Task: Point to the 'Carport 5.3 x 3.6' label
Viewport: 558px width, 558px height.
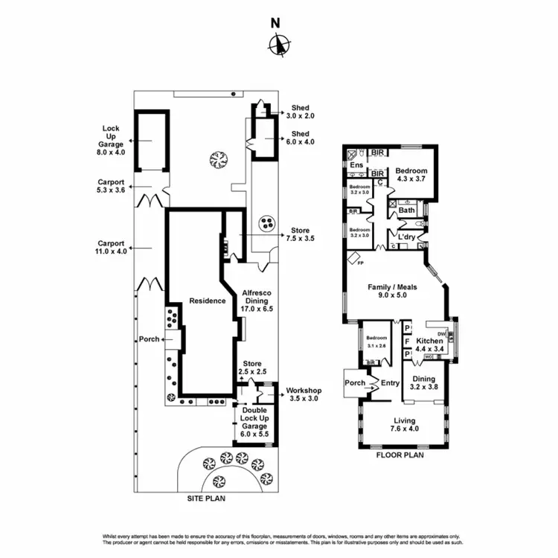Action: [111, 185]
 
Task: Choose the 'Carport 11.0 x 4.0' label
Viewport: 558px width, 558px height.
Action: [111, 247]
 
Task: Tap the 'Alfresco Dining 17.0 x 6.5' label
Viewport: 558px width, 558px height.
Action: [256, 301]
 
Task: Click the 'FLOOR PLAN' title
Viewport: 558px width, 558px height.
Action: [400, 455]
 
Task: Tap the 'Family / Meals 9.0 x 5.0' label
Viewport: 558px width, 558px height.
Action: [392, 292]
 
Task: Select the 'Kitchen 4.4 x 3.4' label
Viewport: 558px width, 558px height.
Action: [429, 345]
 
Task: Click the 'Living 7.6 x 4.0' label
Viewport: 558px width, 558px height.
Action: [405, 424]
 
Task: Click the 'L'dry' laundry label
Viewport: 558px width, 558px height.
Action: [406, 237]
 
